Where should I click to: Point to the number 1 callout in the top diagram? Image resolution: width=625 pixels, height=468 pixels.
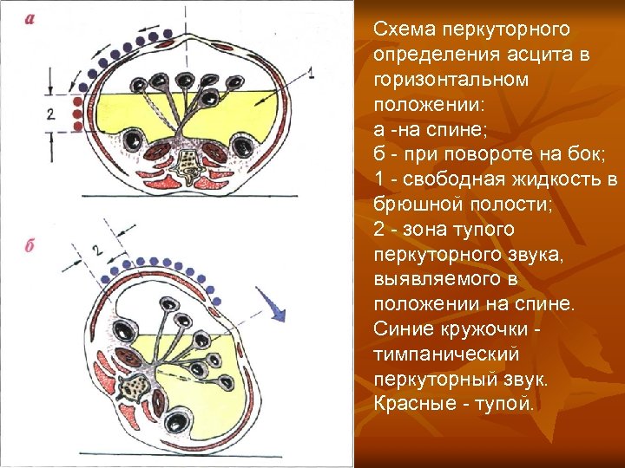point(311,75)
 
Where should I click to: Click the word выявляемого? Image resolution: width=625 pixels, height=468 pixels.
point(431,279)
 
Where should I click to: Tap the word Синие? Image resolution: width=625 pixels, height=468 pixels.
point(404,329)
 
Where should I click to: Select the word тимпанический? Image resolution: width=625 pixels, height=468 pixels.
point(446,354)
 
